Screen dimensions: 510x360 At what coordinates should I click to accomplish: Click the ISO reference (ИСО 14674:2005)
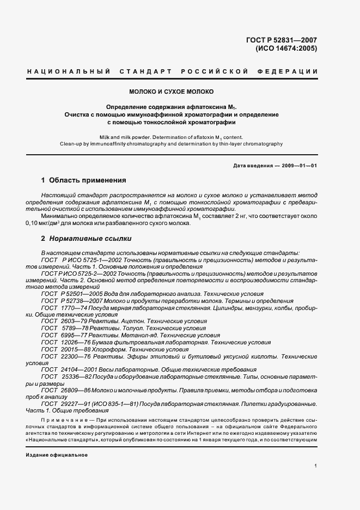286,48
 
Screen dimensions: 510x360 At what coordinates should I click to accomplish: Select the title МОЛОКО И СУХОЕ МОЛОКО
171,92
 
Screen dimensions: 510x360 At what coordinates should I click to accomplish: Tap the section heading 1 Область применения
84,180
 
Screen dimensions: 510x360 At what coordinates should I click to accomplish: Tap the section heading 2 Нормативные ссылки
86,239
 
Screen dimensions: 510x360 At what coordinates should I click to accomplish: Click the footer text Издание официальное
57,454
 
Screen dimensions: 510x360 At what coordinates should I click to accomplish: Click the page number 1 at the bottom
316,465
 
